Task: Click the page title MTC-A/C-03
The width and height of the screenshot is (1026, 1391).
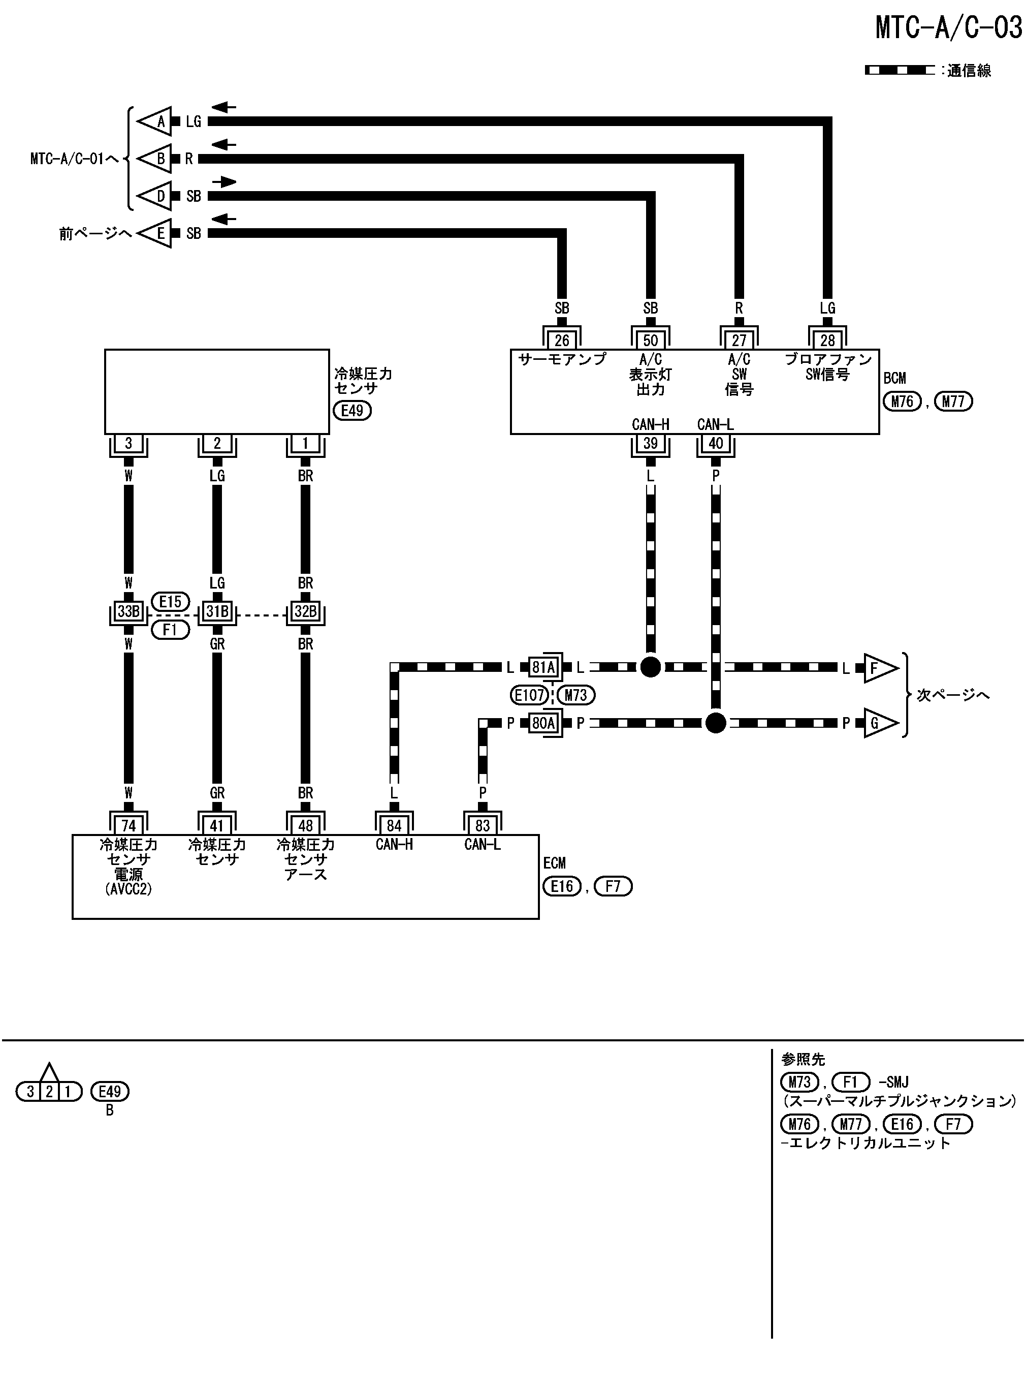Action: click(x=948, y=27)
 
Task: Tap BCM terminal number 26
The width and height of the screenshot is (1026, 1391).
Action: click(x=561, y=340)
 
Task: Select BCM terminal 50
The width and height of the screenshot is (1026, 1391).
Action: click(x=650, y=340)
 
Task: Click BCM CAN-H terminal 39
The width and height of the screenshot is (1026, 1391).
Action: click(x=650, y=443)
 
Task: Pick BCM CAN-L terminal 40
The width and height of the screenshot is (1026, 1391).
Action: click(x=716, y=443)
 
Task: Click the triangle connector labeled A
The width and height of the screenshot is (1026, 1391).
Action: click(x=156, y=121)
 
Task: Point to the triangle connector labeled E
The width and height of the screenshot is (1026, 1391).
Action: click(x=156, y=233)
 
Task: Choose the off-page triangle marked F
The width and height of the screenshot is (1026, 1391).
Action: click(x=879, y=668)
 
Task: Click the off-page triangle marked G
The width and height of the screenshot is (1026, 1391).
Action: click(x=879, y=723)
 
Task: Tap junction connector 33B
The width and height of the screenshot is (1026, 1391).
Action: click(x=129, y=611)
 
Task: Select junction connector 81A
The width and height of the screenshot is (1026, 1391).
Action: click(x=543, y=667)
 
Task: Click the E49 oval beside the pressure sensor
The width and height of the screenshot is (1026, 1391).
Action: click(x=352, y=410)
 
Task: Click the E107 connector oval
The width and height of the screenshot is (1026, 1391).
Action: click(x=529, y=695)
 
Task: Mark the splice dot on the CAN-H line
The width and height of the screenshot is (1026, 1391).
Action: click(x=650, y=667)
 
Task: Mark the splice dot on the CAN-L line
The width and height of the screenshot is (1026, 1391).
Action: click(x=716, y=723)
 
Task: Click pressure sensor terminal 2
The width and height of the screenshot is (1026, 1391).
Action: click(x=217, y=443)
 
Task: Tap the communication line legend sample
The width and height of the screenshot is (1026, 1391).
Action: click(x=900, y=70)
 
